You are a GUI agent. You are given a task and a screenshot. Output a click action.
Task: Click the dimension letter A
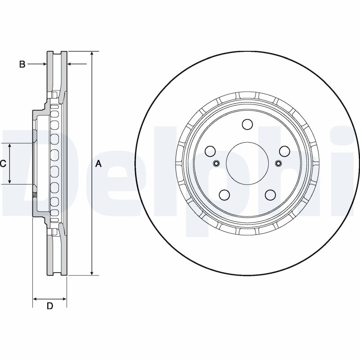pos(99,164)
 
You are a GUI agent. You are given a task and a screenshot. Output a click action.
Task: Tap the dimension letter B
pos(22,64)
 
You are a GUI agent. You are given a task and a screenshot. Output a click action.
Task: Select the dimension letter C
pos(3,164)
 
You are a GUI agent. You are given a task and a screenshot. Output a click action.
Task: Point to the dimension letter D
pos(50,306)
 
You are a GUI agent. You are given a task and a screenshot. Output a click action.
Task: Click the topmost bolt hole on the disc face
pos(247,124)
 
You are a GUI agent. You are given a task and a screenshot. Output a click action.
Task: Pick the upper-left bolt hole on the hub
pos(210,151)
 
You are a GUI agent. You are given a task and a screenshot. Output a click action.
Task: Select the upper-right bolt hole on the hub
pos(283,151)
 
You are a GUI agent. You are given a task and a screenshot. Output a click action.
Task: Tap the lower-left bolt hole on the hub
pos(224,194)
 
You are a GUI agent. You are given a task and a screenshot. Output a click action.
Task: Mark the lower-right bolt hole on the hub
pos(270,194)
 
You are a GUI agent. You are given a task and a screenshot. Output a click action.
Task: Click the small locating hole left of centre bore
pos(216,163)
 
